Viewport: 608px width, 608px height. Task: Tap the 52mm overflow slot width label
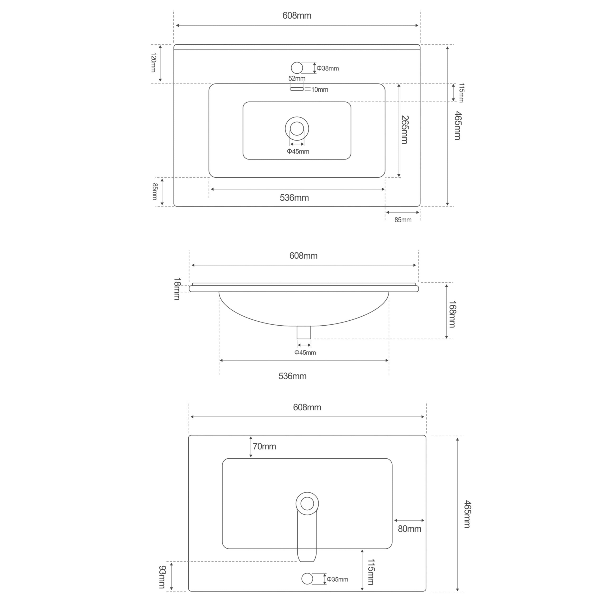point(297,78)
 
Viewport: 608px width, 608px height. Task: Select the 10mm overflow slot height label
point(320,90)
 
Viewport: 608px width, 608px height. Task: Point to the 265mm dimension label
point(405,130)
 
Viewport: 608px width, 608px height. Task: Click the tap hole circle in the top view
point(297,68)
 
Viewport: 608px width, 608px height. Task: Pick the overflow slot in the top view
point(297,89)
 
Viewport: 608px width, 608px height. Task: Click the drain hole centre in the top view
point(297,129)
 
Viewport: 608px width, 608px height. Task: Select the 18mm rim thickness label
point(177,289)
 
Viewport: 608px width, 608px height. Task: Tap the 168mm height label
point(452,314)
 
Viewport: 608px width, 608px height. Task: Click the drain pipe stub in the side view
point(304,332)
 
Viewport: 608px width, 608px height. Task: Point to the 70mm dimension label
point(264,446)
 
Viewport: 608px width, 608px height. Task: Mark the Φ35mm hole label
point(337,579)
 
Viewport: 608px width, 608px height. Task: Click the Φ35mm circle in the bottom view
point(307,578)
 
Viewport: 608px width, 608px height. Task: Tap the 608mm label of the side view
point(303,256)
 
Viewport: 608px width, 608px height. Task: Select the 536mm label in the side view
point(292,376)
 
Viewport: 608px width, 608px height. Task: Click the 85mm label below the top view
point(403,220)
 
